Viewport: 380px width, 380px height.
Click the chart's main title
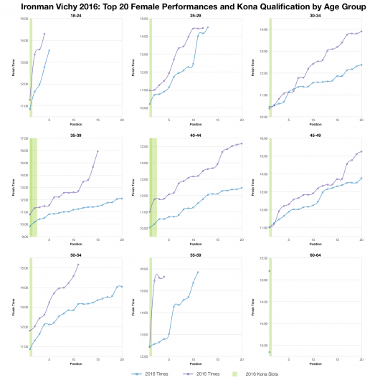(190, 6)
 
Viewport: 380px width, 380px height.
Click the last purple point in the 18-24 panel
(44, 33)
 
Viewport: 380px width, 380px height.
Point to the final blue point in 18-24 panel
(49, 50)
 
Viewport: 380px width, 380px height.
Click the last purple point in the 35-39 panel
(98, 151)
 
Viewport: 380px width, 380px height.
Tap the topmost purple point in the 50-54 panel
(78, 265)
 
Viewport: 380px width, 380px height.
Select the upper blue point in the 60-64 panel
(269, 271)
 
